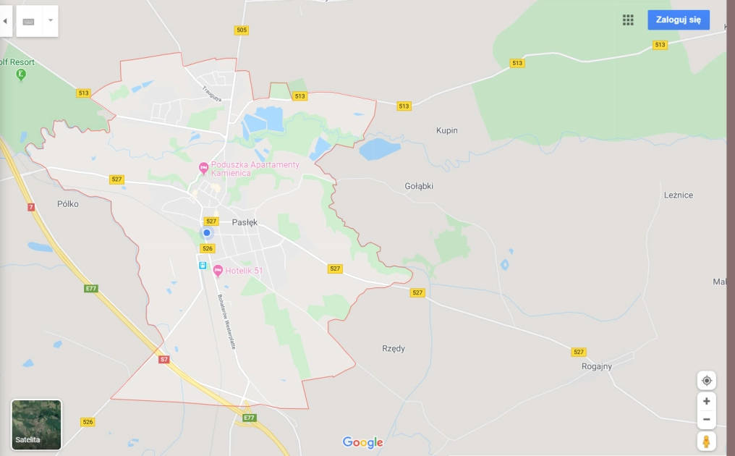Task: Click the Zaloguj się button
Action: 678,20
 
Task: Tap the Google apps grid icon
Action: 628,20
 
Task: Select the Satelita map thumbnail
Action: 37,425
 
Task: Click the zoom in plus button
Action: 706,401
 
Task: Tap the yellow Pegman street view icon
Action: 706,441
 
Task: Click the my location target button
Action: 706,381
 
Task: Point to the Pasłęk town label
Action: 245,223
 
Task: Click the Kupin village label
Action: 446,131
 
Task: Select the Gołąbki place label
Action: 419,186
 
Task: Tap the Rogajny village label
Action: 597,366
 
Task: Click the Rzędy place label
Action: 394,349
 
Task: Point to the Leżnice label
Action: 678,195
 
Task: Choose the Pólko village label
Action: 67,204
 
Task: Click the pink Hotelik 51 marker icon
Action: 218,271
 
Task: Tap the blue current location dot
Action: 206,232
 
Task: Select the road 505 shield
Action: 241,30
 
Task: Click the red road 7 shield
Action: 31,207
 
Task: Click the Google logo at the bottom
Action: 362,442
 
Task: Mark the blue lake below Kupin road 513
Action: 379,149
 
